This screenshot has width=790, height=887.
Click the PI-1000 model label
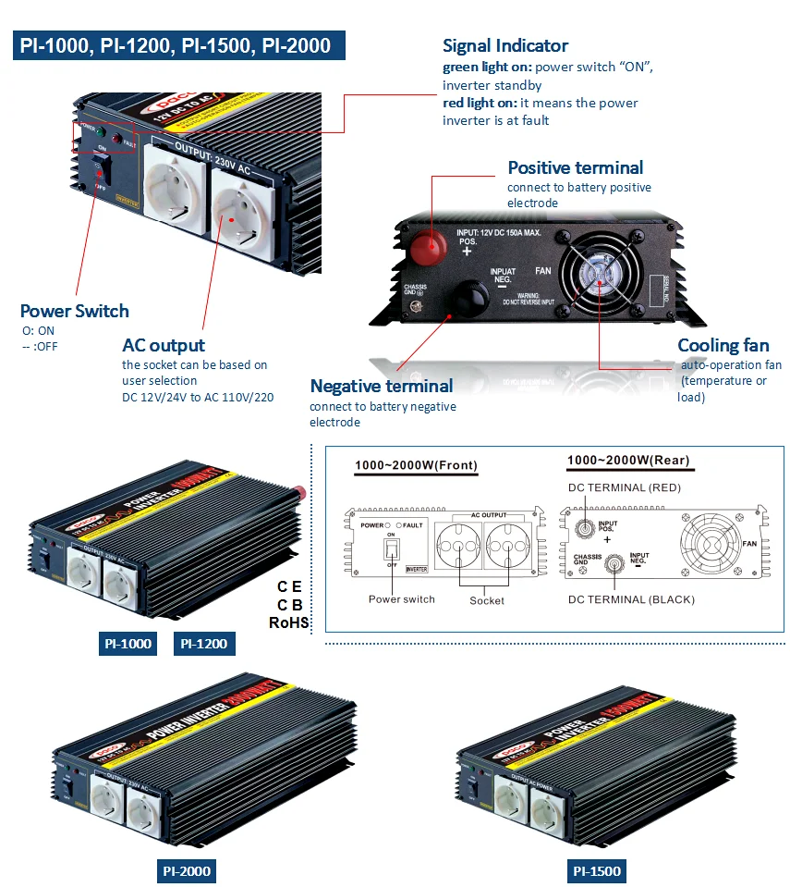tap(127, 644)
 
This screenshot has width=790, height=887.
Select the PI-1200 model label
tap(202, 644)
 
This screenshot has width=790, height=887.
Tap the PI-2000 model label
tap(186, 870)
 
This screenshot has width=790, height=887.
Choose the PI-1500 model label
tap(596, 870)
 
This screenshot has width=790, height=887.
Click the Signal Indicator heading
tap(505, 45)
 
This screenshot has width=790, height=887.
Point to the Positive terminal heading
tap(575, 167)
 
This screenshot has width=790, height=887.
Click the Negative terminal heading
tap(381, 386)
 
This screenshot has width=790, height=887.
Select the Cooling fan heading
tap(723, 345)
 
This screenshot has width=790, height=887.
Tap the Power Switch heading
tap(75, 311)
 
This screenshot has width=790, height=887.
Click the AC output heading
tap(164, 345)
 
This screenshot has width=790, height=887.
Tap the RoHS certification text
tap(288, 622)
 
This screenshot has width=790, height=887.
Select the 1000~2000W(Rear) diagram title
tap(627, 460)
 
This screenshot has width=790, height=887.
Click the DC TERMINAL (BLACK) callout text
tap(631, 599)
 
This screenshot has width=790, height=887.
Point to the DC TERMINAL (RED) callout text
tap(626, 487)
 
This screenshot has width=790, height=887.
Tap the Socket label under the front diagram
tap(487, 600)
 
